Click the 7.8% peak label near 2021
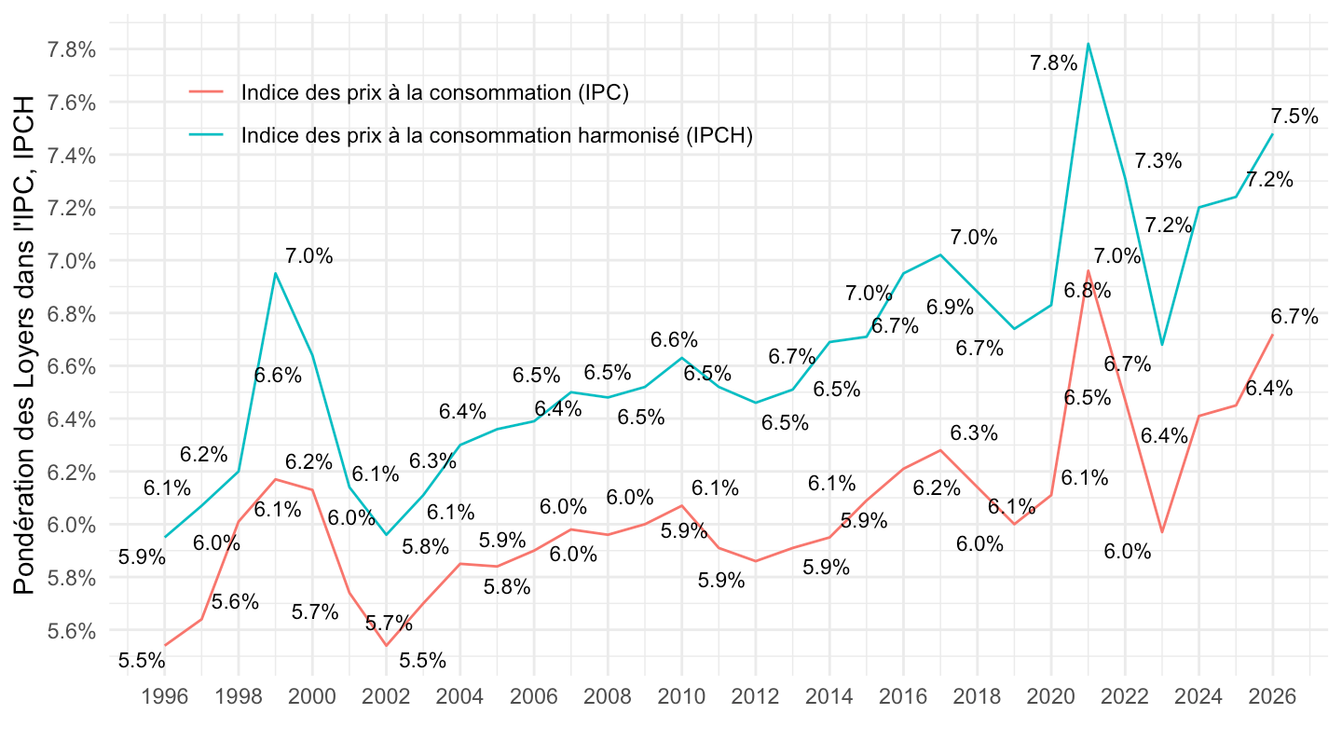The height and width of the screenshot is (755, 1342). (1053, 63)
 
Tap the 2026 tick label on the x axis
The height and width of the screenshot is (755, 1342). (1273, 697)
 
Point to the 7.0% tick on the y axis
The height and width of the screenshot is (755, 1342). (73, 261)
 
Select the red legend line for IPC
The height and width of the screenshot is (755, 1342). (206, 92)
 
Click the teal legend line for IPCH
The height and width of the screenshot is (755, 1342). (206, 135)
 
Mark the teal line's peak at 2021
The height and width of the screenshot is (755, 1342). (1089, 43)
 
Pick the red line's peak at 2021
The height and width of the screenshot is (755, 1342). (1089, 271)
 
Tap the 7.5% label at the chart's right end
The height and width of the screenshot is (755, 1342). (1294, 117)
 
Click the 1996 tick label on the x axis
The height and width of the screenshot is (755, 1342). (165, 697)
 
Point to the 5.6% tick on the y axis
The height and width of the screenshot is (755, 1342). (73, 631)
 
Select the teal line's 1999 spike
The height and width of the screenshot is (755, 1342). (275, 273)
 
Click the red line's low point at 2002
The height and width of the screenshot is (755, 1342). (386, 645)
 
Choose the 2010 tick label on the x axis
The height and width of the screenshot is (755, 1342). (681, 697)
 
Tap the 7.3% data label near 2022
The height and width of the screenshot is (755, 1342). (1158, 161)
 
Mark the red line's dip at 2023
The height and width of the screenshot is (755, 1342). (1162, 532)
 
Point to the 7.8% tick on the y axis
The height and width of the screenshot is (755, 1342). (73, 49)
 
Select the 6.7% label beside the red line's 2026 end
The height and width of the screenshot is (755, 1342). (1294, 317)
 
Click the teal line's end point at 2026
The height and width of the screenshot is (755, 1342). (1273, 134)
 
